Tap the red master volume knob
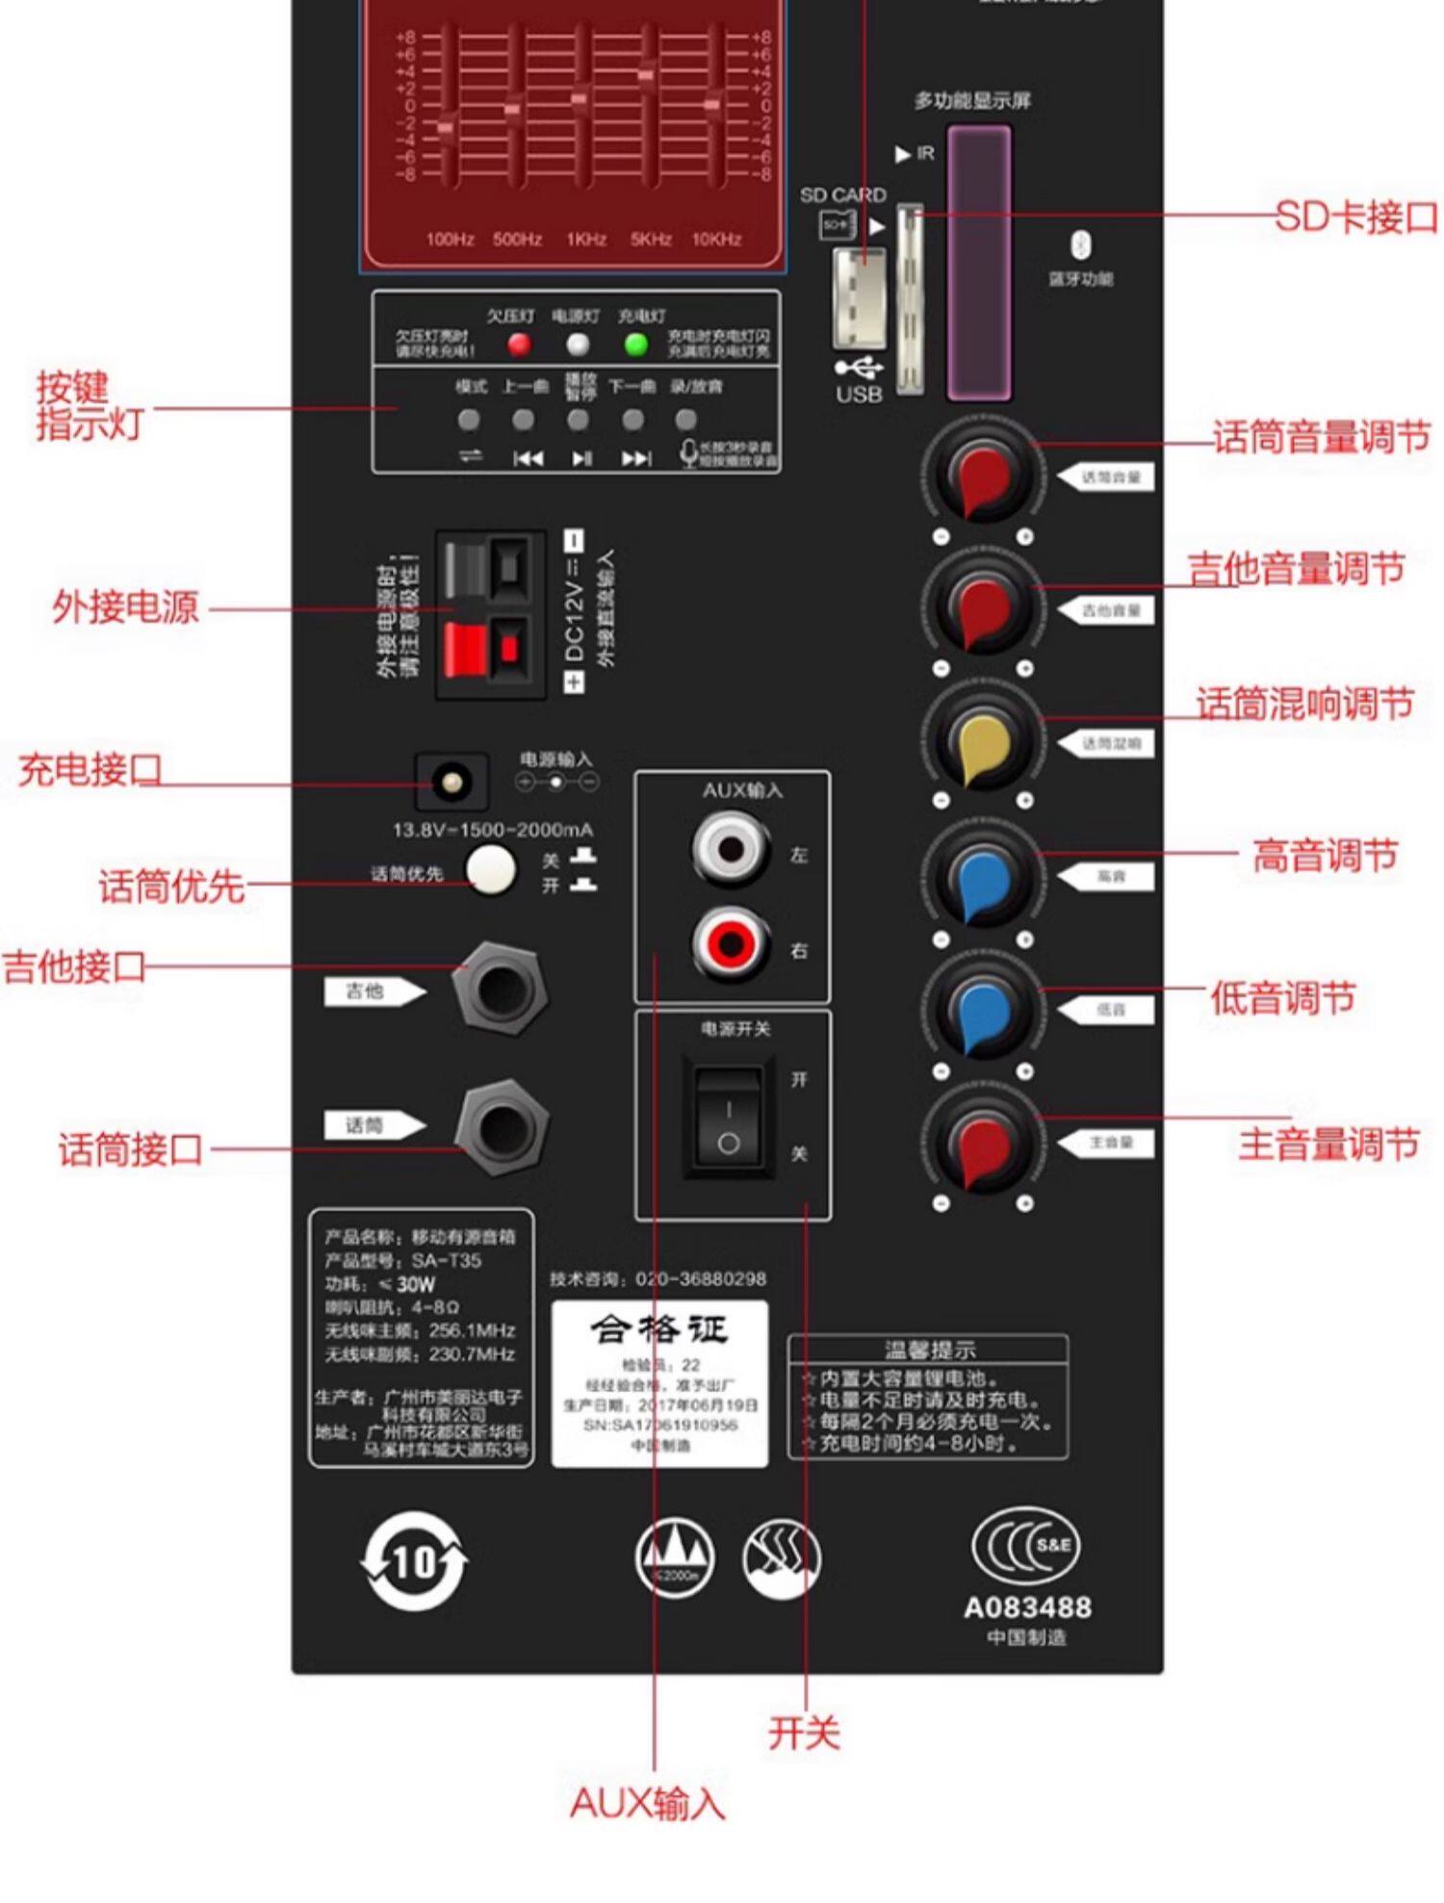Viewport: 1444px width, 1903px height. pos(983,1145)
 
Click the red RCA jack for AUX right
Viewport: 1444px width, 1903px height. pos(730,943)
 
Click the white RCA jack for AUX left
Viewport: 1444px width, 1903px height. pos(730,849)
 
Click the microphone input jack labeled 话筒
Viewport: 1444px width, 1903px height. pos(501,1126)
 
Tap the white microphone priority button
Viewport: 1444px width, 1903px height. pos(491,869)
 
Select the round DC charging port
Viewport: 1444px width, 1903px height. pos(451,781)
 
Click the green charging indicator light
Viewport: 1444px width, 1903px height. pos(635,344)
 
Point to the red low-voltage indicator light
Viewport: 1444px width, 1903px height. pos(519,344)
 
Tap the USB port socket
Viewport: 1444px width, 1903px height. pos(860,298)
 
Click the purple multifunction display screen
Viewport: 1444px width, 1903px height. pos(979,262)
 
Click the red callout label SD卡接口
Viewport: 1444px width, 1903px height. pos(1355,218)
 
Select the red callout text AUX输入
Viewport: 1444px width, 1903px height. pos(648,1803)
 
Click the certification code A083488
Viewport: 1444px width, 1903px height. pos(1027,1607)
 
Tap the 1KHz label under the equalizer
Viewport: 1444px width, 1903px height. pos(585,240)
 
